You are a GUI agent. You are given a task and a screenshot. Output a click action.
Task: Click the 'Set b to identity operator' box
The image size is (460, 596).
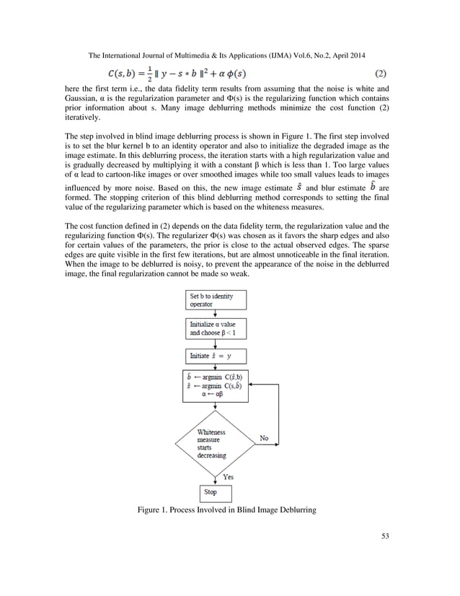point(216,300)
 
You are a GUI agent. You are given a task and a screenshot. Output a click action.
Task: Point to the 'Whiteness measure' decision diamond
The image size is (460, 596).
point(216,441)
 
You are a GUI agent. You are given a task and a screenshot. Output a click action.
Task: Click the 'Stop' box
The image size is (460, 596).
point(215,493)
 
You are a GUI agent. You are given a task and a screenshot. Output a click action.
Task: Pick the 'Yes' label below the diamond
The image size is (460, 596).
point(228,477)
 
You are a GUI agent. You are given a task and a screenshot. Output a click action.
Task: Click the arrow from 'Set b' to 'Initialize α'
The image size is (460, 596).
point(216,314)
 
